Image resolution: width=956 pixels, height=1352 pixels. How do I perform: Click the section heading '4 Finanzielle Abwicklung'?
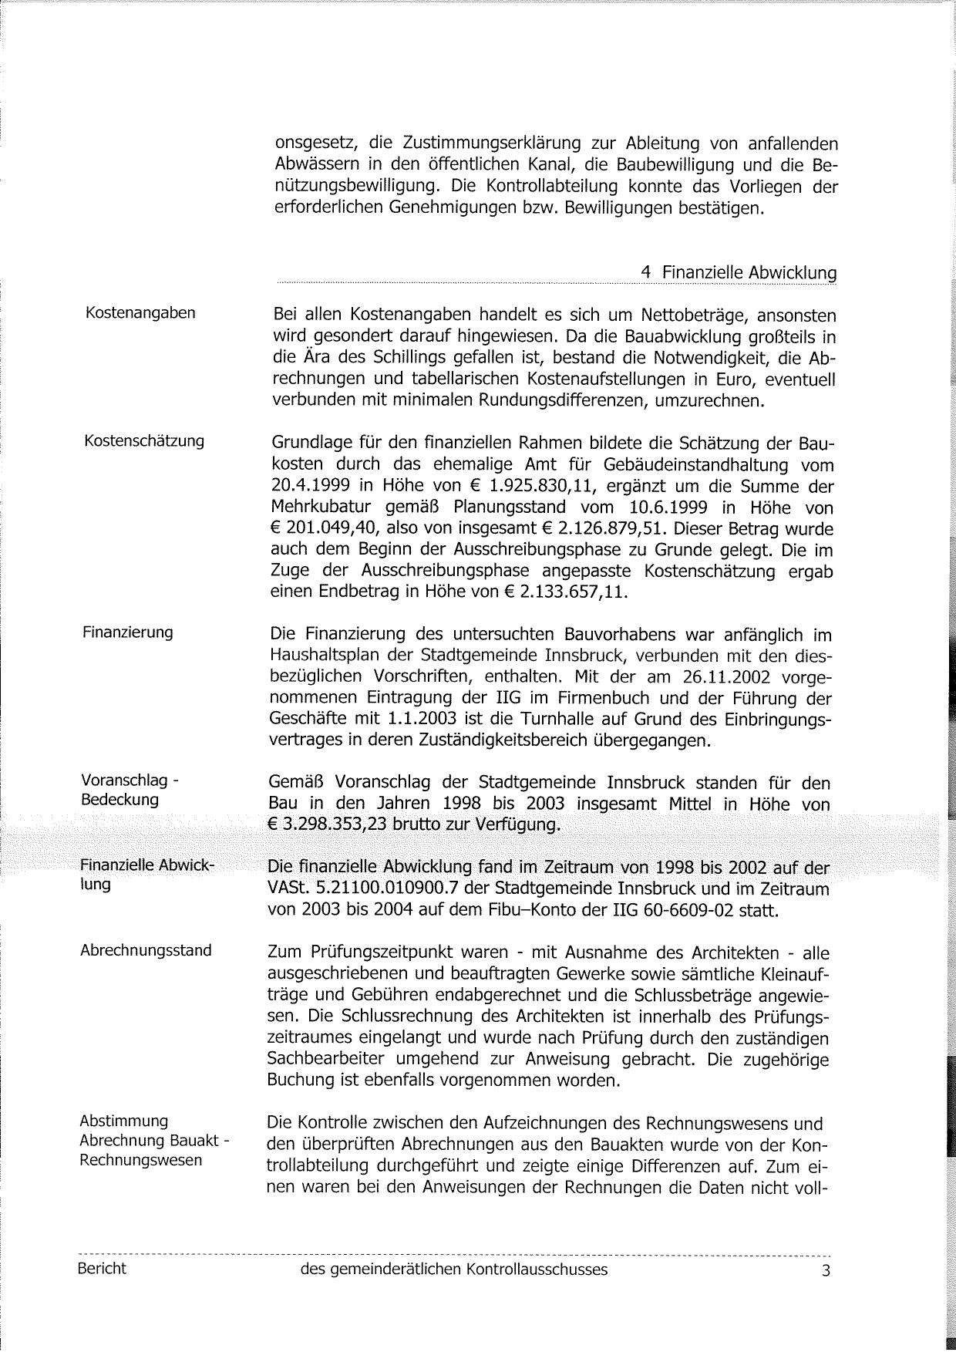click(x=738, y=272)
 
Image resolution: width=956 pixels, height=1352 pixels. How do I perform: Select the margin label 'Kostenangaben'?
click(x=140, y=312)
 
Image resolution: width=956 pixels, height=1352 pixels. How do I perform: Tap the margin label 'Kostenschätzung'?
click(x=144, y=440)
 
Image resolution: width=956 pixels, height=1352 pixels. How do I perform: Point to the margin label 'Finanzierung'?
click(x=128, y=632)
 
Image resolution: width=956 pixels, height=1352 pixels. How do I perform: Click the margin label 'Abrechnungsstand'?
click(x=146, y=950)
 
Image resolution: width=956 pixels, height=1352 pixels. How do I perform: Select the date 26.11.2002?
click(x=722, y=677)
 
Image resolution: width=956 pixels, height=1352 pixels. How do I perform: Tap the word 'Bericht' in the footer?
click(x=102, y=1268)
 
